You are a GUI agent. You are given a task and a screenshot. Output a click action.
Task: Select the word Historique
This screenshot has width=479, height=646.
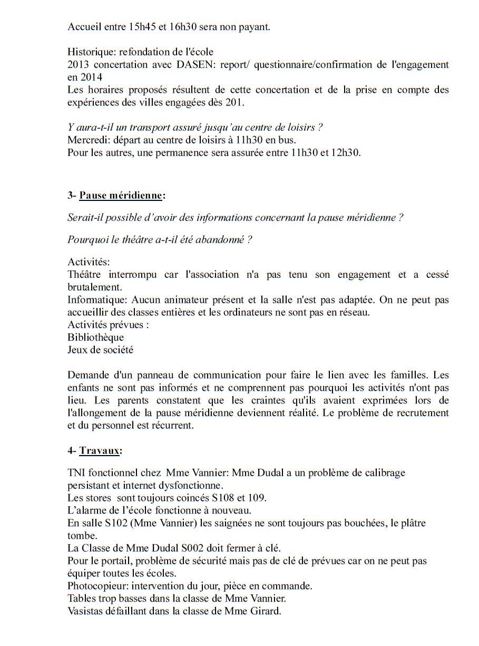[91, 52]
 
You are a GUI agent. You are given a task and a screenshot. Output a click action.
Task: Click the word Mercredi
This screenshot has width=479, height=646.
[87, 140]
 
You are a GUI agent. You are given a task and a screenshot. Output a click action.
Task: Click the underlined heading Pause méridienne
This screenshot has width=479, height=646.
[121, 196]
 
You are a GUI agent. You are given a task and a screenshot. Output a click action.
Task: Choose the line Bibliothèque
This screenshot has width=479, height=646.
[95, 338]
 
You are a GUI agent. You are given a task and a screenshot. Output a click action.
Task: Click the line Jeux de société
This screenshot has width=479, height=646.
[100, 350]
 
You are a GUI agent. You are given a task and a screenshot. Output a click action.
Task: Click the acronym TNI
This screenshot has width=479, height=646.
[76, 473]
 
